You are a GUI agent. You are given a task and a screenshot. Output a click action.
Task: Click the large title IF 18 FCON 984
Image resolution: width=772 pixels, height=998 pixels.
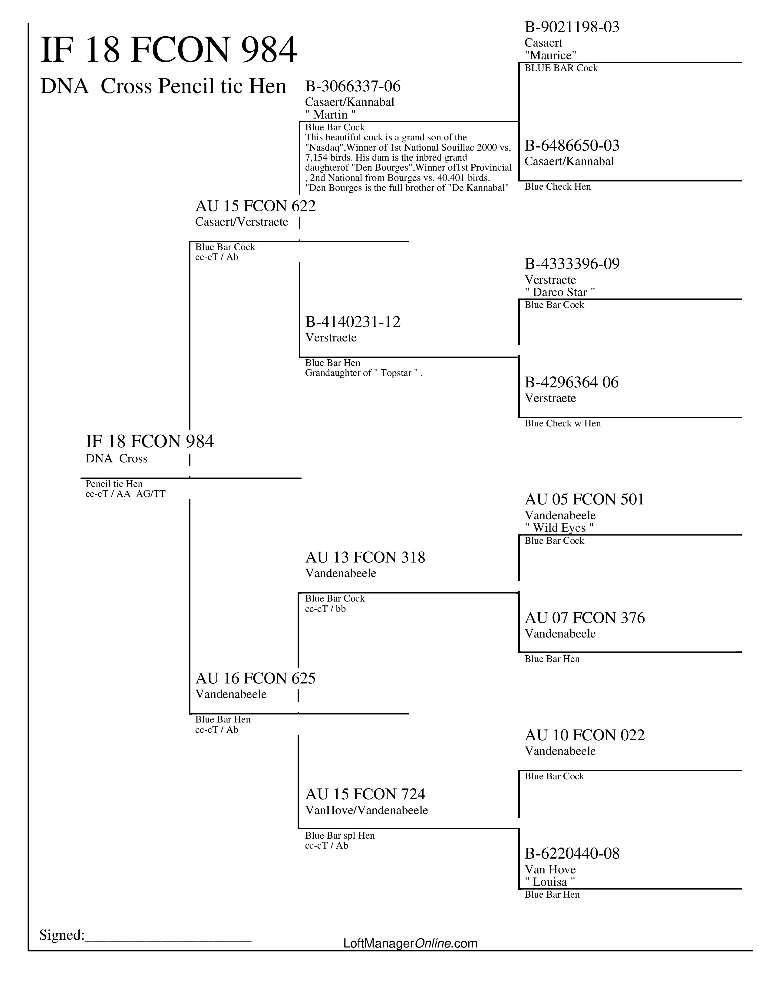tap(168, 50)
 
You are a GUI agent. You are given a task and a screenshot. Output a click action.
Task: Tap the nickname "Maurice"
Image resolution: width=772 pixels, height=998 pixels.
tap(550, 55)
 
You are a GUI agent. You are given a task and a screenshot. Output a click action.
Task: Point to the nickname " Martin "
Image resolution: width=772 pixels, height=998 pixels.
tap(330, 114)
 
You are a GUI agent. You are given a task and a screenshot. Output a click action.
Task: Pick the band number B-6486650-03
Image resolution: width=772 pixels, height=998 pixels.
tap(572, 146)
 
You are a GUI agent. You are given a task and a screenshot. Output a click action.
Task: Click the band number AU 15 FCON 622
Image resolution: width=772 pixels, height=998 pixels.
tap(255, 206)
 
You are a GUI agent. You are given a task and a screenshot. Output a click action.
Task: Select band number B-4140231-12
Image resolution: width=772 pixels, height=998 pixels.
tap(353, 322)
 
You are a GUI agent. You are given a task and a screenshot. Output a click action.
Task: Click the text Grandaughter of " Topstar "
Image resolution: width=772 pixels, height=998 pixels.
tap(364, 373)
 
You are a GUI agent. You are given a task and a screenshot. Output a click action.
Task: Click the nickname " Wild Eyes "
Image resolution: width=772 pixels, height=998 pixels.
tap(559, 528)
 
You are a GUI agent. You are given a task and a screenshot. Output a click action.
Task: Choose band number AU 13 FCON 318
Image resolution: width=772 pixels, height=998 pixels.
tap(365, 557)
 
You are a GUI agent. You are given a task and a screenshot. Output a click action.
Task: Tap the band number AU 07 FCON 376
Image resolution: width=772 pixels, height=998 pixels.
tap(585, 618)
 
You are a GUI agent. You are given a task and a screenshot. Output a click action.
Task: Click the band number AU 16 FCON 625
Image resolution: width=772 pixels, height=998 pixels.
tap(255, 678)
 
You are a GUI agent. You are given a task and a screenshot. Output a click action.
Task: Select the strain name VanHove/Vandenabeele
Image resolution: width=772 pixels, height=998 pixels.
tap(366, 810)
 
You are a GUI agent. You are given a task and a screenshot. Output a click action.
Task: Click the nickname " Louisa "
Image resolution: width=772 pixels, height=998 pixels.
tap(550, 882)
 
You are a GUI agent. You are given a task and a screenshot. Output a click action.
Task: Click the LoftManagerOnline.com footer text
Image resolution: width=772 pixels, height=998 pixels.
tap(410, 943)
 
